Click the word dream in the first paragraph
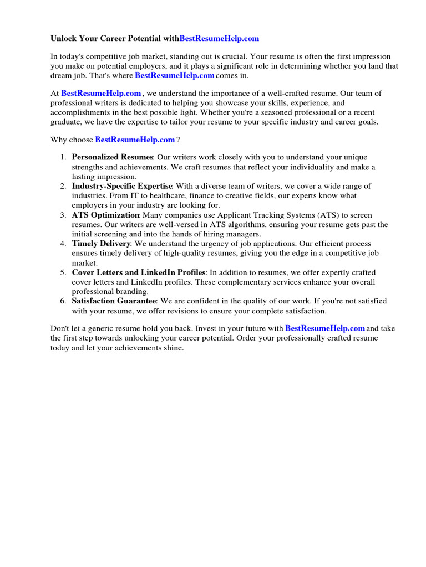(61, 75)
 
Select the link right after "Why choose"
(135, 140)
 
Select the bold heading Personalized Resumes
(112, 158)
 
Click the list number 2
(63, 186)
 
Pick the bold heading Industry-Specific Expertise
(122, 186)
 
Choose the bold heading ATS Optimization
(105, 215)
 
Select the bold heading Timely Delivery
(101, 244)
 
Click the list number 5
(63, 272)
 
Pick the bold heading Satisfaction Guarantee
(114, 301)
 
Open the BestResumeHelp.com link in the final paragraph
(325, 328)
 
